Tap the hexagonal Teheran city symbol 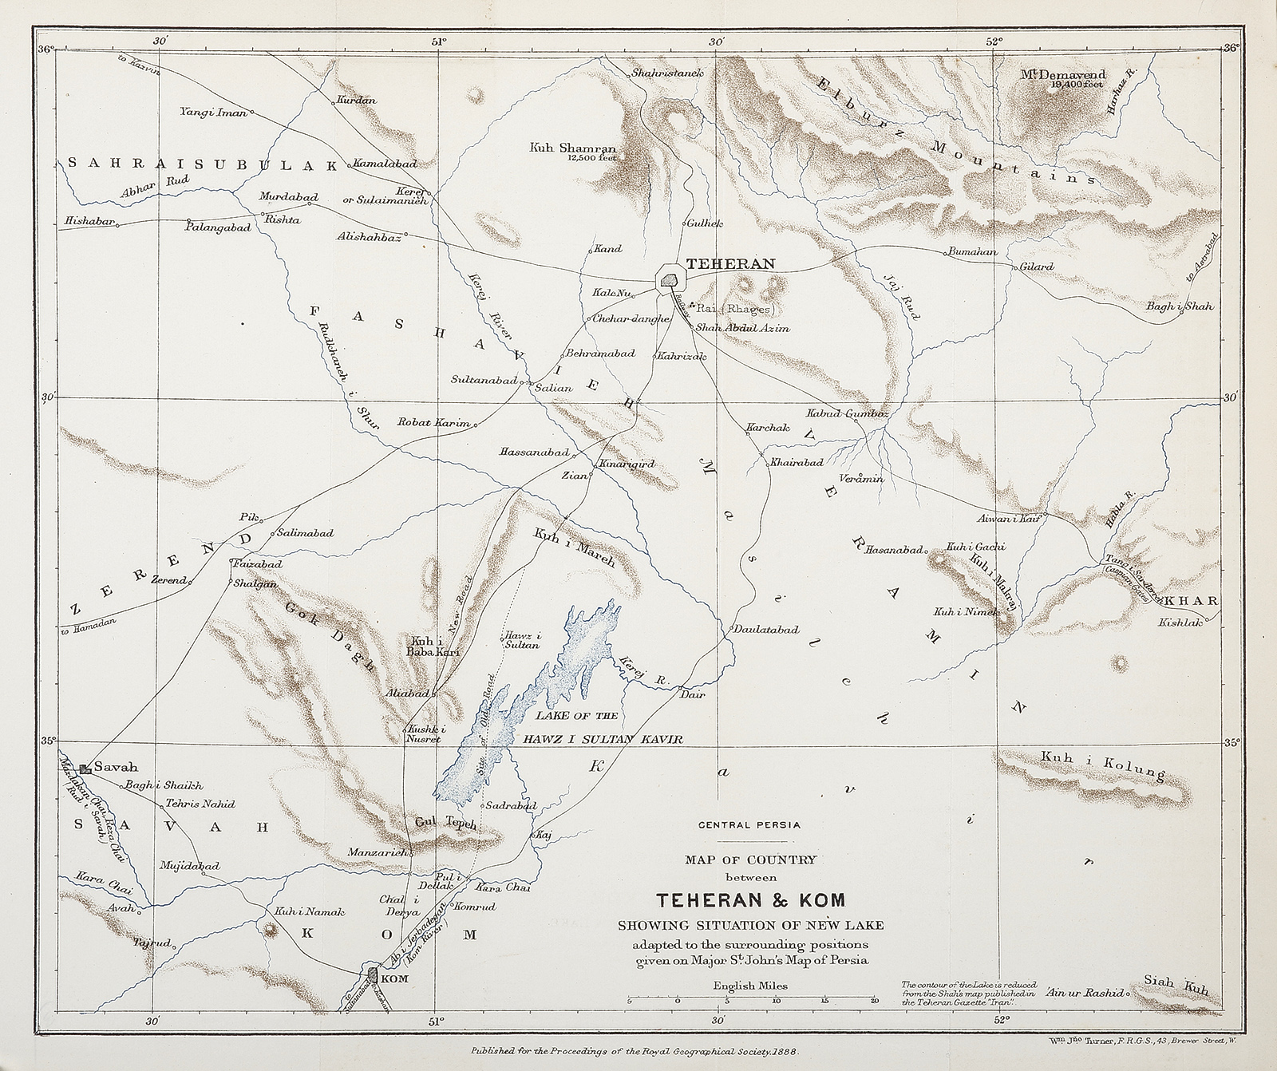click(669, 280)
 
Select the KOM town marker click(373, 974)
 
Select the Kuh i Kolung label click(1102, 765)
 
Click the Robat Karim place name click(436, 423)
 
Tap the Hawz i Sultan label click(521, 642)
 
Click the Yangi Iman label click(212, 113)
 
